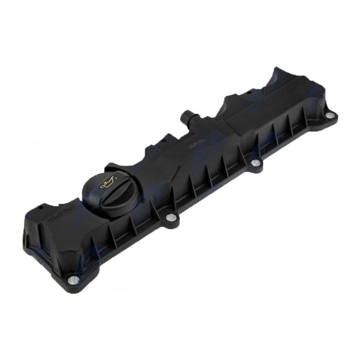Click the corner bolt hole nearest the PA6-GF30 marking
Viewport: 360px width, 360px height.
click(x=74, y=280)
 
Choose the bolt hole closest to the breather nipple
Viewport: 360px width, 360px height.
click(x=256, y=163)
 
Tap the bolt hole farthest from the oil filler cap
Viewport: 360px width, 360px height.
click(x=329, y=116)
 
